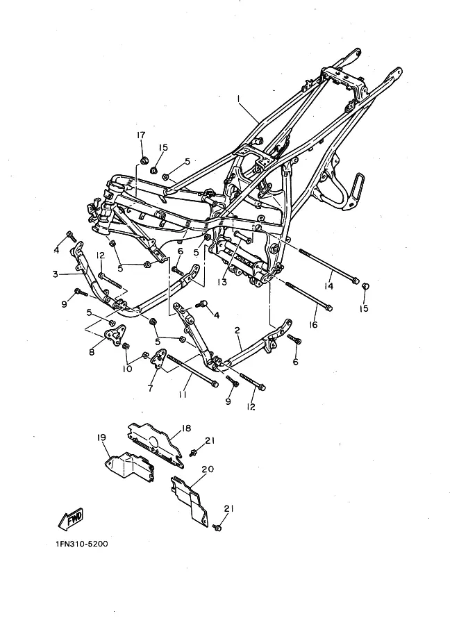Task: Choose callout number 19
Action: click(101, 438)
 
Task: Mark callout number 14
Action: click(329, 286)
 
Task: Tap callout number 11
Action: click(183, 394)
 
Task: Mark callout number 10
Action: click(128, 369)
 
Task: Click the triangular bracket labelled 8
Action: click(112, 337)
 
